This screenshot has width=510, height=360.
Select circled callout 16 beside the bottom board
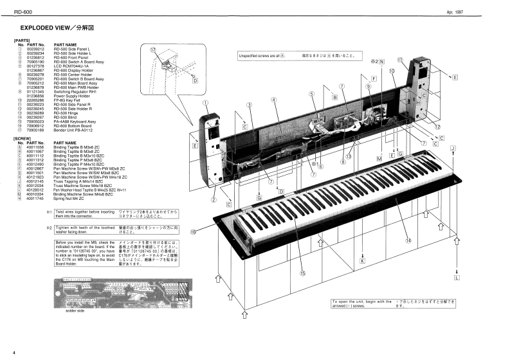192,233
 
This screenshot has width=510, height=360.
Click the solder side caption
75,310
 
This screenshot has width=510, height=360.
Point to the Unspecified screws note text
260,56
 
